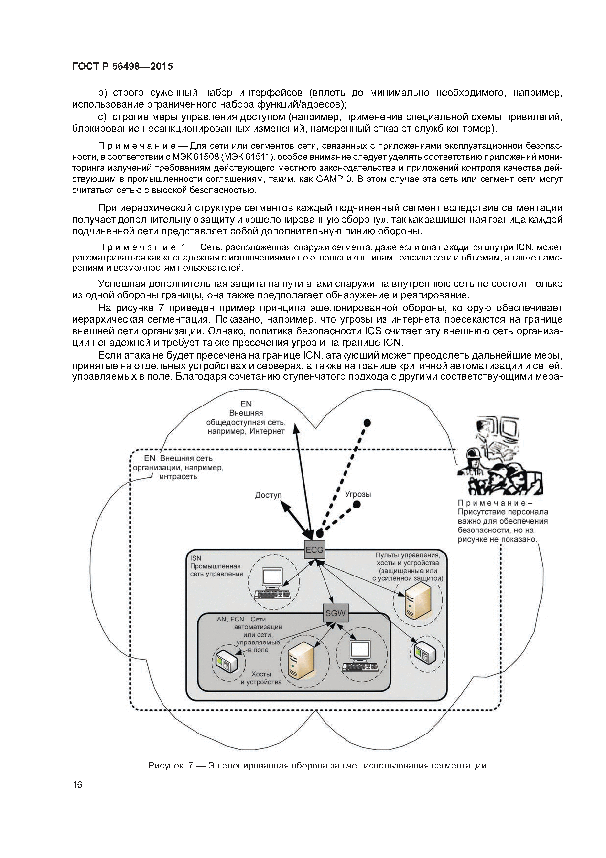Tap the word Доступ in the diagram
point(268,495)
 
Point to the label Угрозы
point(358,494)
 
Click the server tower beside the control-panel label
point(417,600)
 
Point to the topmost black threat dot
point(368,423)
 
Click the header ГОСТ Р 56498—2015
point(122,67)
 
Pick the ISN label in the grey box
point(196,558)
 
